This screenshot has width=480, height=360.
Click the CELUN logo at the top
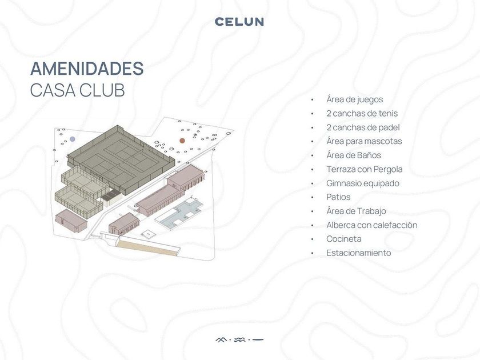[239, 22]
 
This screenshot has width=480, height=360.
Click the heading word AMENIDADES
[87, 69]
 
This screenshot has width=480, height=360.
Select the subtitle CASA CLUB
[78, 90]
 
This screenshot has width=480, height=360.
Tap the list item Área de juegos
[354, 99]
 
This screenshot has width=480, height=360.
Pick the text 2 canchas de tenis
[362, 113]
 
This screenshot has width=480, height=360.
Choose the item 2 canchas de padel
[363, 127]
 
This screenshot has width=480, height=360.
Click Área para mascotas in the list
[364, 141]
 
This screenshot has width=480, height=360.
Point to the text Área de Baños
[354, 155]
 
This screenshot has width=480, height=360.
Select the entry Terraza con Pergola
[365, 169]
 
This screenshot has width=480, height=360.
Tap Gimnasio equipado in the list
[363, 183]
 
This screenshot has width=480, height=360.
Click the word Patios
[338, 197]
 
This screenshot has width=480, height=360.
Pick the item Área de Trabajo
[356, 211]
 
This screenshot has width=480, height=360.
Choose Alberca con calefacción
[371, 225]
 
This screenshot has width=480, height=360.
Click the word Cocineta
[344, 239]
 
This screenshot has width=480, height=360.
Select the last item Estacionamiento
[358, 253]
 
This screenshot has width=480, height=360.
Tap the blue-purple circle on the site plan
[72, 139]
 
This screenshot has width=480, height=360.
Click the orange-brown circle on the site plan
[182, 141]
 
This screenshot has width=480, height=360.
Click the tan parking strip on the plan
[147, 248]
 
